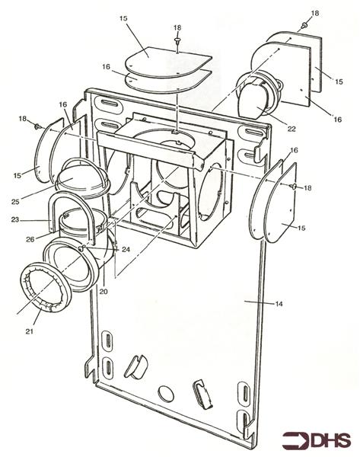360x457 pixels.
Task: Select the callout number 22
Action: [x=271, y=129]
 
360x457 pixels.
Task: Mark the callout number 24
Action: [x=126, y=250]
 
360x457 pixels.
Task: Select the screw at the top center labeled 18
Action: [x=177, y=39]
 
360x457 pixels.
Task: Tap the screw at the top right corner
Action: [x=303, y=26]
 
